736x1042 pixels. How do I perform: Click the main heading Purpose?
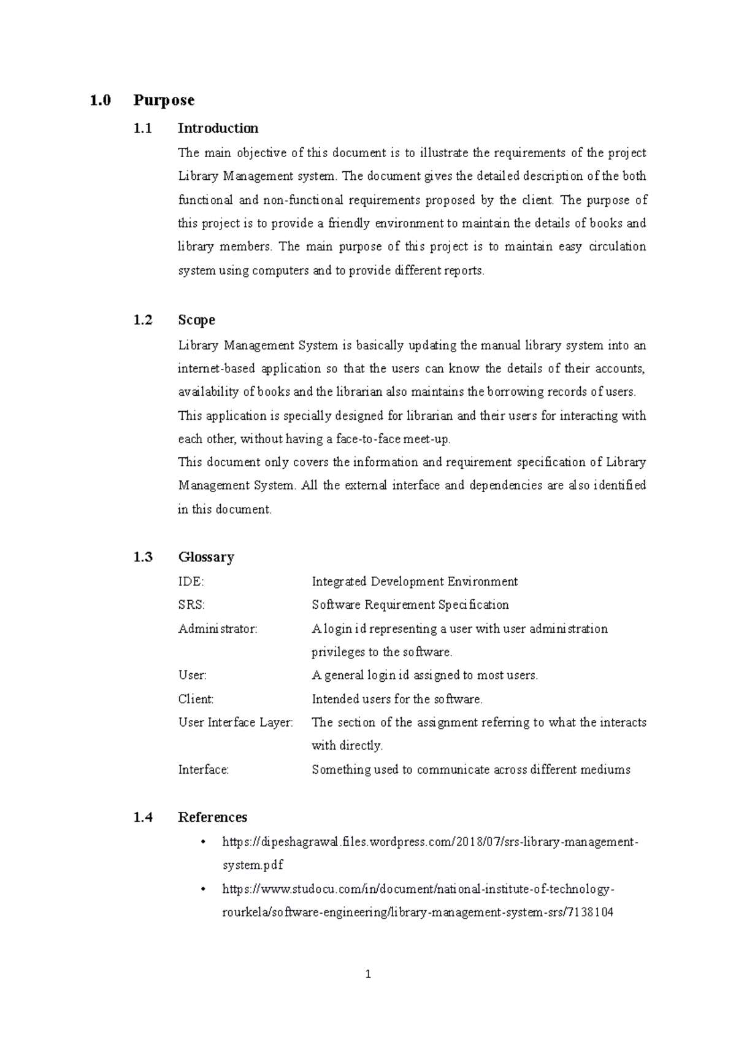point(164,100)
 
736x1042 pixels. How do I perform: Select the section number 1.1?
point(142,128)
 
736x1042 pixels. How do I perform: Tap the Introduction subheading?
point(218,128)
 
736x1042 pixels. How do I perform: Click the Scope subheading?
point(196,320)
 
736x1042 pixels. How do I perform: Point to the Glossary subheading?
point(206,557)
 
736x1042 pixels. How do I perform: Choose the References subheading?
point(212,817)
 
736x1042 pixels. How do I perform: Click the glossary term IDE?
point(191,581)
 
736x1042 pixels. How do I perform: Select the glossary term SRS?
point(191,604)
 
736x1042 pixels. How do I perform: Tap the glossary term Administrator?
point(218,628)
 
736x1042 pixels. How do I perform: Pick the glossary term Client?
point(196,699)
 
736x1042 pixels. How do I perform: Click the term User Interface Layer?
point(236,722)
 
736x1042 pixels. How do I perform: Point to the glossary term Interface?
point(203,770)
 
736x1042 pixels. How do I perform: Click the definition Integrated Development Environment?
point(415,581)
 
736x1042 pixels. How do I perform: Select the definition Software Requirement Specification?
point(410,604)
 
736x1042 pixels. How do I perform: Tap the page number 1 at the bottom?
point(368,974)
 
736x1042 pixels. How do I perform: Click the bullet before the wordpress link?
point(204,842)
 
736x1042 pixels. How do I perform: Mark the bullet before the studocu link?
point(204,889)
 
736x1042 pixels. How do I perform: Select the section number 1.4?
point(142,817)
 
